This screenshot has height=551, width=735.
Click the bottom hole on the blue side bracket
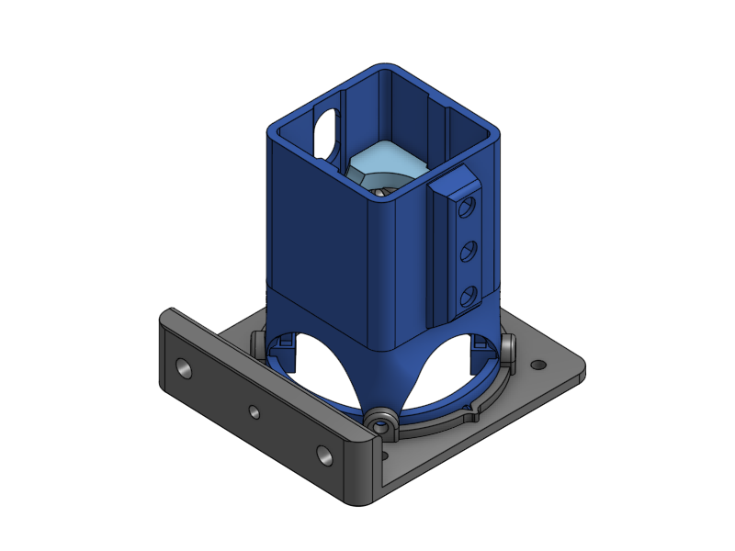pos(469,295)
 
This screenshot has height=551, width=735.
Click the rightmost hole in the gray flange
pos(324,454)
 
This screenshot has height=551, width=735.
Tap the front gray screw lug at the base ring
pos(381,423)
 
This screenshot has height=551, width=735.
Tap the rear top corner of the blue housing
pos(386,69)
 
